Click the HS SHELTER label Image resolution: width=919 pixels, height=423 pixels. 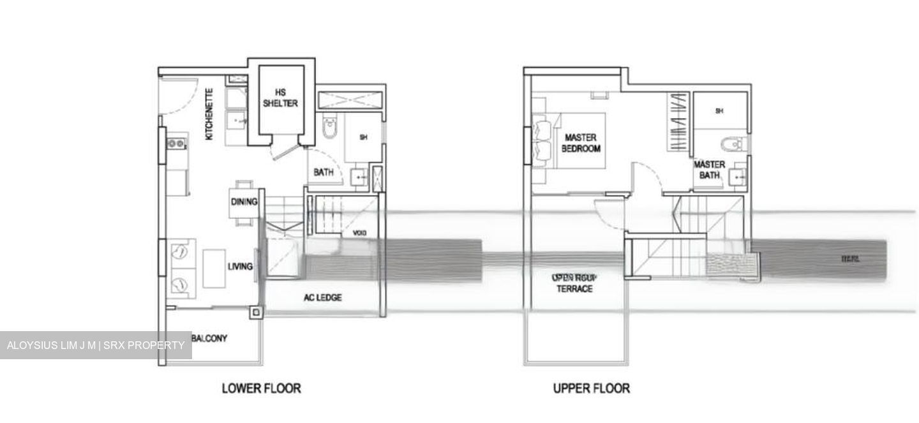(x=281, y=98)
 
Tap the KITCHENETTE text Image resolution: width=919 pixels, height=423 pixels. (x=209, y=114)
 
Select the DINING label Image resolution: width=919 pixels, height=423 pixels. (x=244, y=202)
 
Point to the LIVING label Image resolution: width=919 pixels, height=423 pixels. (x=240, y=267)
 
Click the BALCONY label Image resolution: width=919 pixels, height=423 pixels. (x=209, y=338)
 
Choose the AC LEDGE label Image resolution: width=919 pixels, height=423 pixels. (x=322, y=297)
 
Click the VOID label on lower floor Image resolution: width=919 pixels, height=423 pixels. (x=359, y=234)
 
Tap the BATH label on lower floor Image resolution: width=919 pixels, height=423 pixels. (x=324, y=172)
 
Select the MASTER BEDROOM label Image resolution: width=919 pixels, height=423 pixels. (x=581, y=143)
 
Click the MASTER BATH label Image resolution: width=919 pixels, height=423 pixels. (x=709, y=170)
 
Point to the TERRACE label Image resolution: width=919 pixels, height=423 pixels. (x=574, y=288)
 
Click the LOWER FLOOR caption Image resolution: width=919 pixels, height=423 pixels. (x=261, y=388)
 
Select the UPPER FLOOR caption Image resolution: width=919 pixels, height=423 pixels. (x=591, y=388)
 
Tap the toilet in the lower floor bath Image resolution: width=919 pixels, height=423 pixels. (x=329, y=128)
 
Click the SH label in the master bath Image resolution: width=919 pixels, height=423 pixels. (x=719, y=111)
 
